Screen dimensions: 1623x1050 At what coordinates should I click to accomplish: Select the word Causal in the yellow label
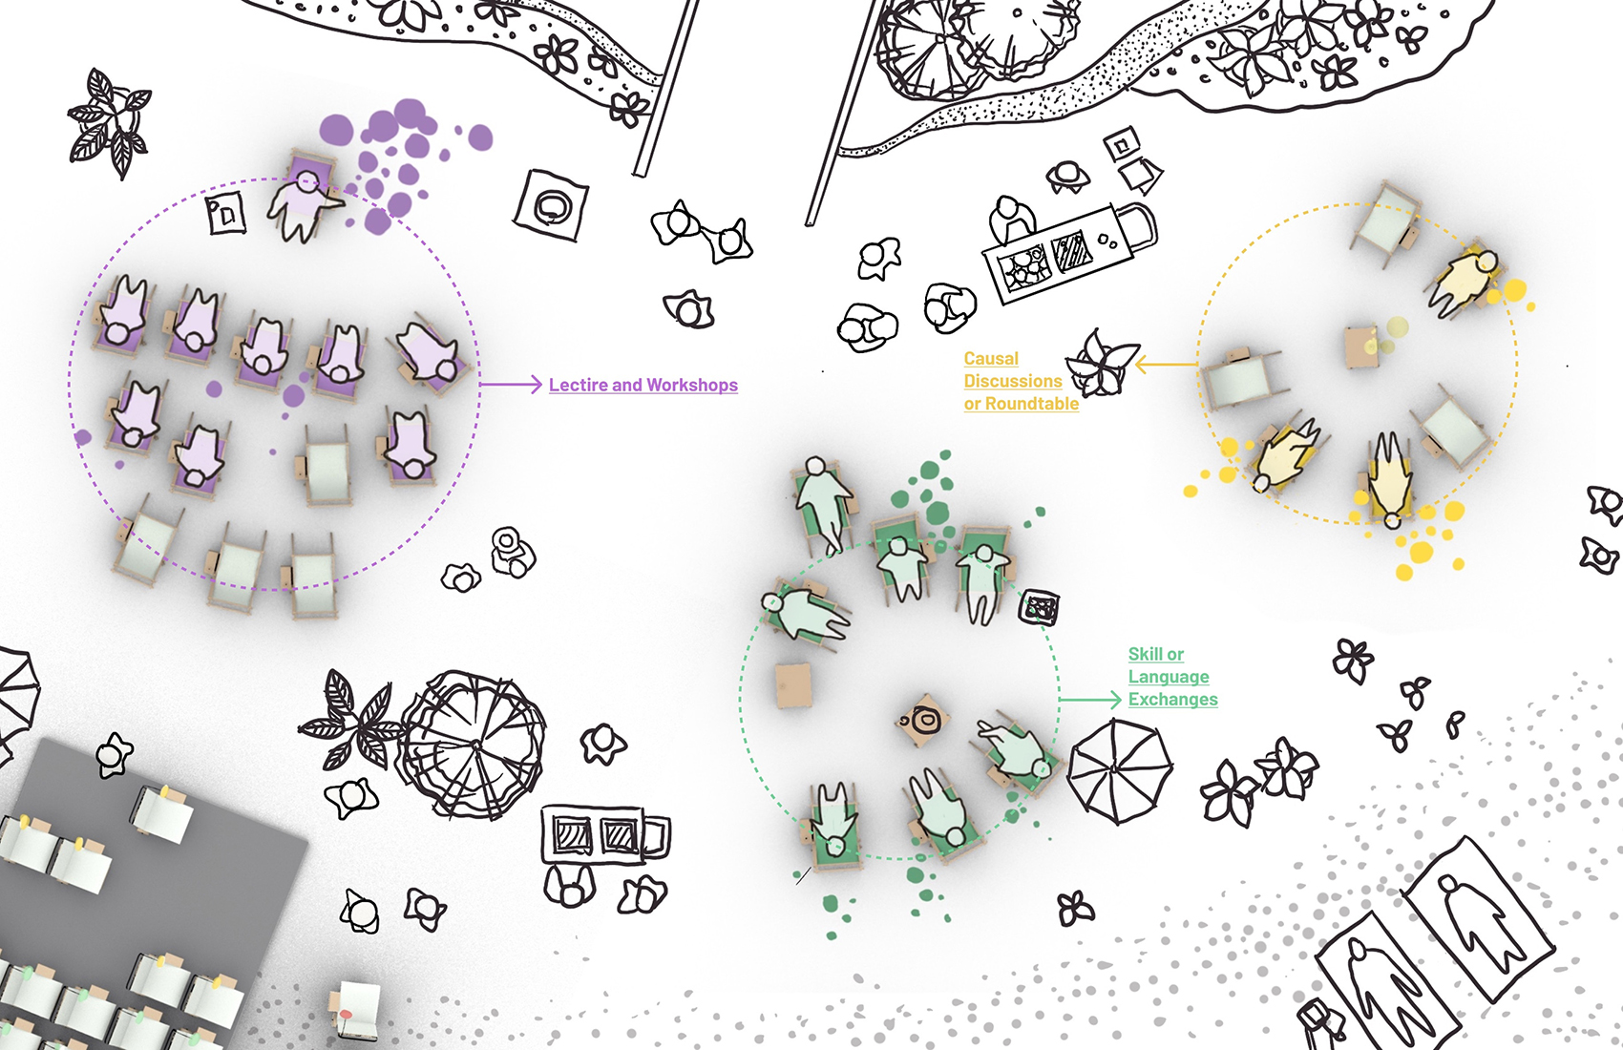pos(991,359)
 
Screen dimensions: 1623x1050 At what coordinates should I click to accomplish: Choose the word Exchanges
pos(1173,700)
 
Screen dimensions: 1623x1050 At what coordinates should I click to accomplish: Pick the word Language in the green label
pos(1169,677)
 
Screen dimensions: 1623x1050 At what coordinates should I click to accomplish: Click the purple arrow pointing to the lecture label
pos(511,384)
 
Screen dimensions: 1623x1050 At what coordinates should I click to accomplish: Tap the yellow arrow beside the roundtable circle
pos(1167,364)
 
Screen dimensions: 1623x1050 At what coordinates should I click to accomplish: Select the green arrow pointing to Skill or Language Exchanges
pos(1089,700)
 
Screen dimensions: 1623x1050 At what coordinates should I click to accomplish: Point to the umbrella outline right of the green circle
pos(1120,771)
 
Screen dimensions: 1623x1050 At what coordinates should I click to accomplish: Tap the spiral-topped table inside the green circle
pos(922,720)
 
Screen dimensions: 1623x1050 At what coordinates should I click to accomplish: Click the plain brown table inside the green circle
pos(793,685)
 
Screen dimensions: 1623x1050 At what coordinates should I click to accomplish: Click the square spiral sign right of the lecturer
pos(551,206)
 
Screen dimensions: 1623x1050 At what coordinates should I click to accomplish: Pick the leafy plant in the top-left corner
pos(111,122)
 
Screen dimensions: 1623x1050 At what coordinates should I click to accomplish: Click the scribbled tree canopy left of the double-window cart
pos(474,744)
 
